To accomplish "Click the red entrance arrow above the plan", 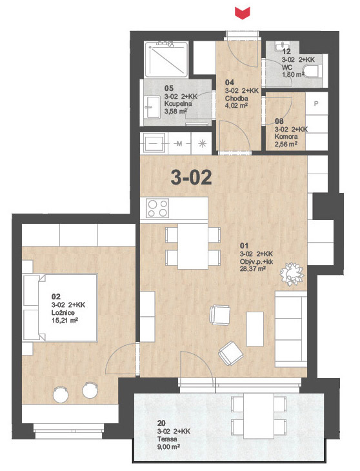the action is (x=243, y=14).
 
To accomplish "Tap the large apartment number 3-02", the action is (x=191, y=177).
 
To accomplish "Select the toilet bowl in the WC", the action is (x=312, y=71).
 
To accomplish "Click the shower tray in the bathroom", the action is (x=166, y=59).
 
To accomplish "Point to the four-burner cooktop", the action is (x=157, y=208).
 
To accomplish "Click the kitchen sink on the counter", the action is (x=154, y=143).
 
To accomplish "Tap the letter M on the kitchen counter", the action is (x=179, y=144).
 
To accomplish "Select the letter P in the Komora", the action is (x=316, y=104).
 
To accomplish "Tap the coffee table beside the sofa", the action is (x=255, y=329).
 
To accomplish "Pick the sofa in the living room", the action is (x=291, y=329).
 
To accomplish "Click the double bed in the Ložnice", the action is (x=61, y=307).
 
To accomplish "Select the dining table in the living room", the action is (x=193, y=246).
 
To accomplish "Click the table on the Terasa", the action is (x=259, y=416).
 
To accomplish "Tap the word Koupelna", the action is (x=178, y=104).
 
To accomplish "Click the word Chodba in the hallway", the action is (x=237, y=98).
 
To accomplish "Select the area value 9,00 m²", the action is (x=169, y=446).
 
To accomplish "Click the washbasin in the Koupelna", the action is (x=152, y=107).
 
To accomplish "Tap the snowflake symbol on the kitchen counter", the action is (x=203, y=144).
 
